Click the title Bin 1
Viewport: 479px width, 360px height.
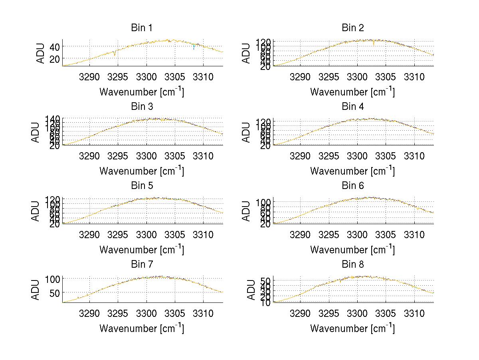(x=142, y=28)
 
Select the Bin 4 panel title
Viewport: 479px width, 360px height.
(x=353, y=107)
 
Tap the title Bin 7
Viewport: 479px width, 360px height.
(x=142, y=265)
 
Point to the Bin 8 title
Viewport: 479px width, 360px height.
(x=353, y=265)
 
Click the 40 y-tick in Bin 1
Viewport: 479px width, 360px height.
(x=55, y=47)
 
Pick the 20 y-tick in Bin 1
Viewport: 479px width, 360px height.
(x=55, y=59)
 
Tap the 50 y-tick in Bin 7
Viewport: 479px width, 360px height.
(x=55, y=292)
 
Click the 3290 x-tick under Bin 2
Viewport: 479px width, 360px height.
(x=300, y=77)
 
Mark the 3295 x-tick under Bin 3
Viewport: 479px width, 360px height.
(x=118, y=155)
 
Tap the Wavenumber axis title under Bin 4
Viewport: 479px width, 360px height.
(x=352, y=171)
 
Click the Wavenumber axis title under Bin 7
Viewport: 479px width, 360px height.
(x=142, y=328)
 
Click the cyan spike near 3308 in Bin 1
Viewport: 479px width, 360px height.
(x=194, y=47)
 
